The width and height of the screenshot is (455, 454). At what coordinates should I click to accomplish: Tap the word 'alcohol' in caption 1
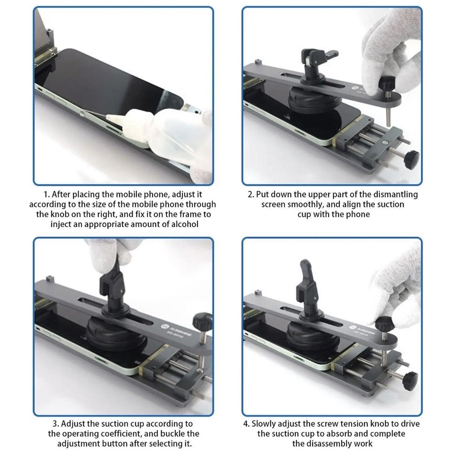pyautogui.click(x=183, y=223)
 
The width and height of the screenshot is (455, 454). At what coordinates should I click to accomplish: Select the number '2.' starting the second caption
pyautogui.click(x=251, y=194)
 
